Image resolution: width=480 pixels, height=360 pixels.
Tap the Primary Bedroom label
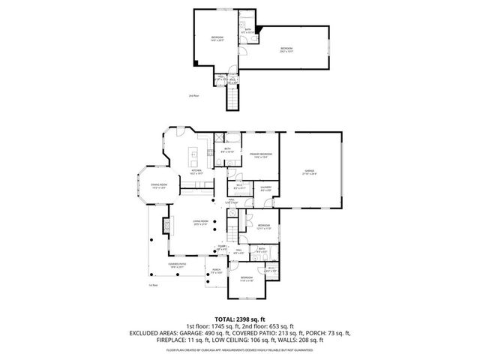click(x=261, y=155)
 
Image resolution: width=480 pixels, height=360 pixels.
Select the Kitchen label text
click(x=196, y=172)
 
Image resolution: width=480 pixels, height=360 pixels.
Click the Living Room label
click(x=200, y=222)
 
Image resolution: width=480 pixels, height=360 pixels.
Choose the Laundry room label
click(x=265, y=189)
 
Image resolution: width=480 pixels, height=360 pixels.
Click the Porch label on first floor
click(x=216, y=271)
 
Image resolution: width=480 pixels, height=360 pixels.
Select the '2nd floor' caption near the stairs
click(x=194, y=96)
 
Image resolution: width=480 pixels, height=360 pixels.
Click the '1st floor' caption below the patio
click(x=153, y=286)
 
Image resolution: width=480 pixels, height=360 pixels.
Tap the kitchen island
click(x=193, y=158)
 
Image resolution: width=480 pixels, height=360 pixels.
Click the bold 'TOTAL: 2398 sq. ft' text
click(x=240, y=319)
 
